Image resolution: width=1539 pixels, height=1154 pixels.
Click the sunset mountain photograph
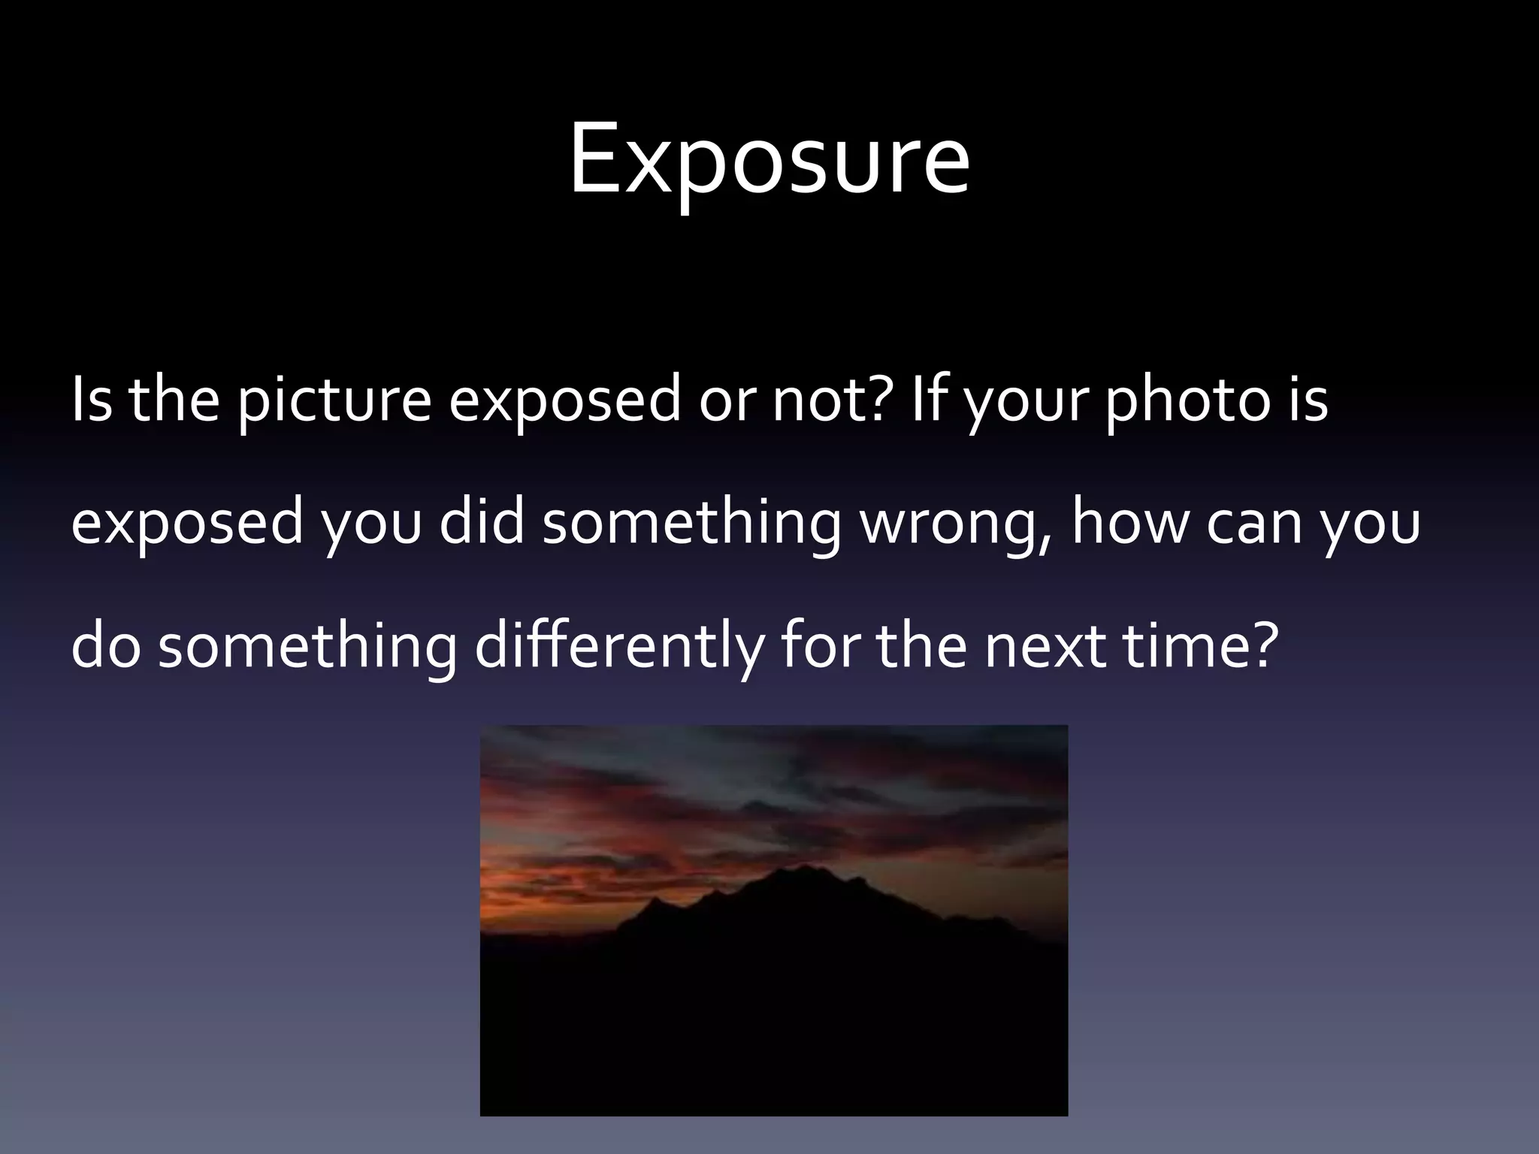[x=773, y=920]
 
